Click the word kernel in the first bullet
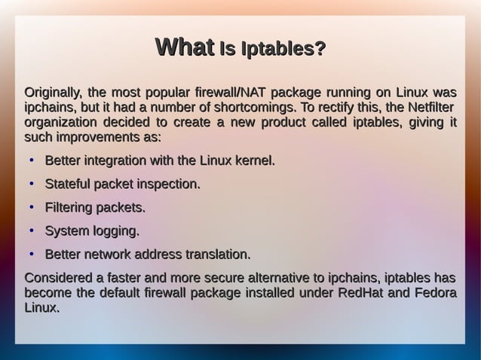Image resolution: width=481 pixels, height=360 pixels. tap(251, 161)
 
